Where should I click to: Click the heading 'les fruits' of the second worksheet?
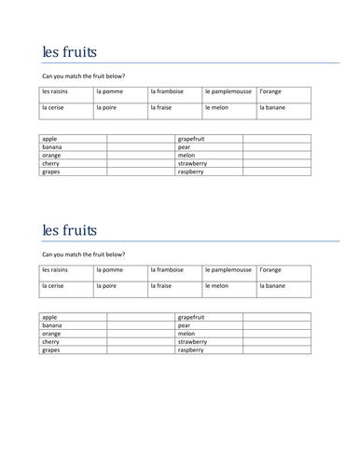(x=69, y=229)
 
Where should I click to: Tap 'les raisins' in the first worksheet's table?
(x=57, y=91)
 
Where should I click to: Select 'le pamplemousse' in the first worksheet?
(x=227, y=91)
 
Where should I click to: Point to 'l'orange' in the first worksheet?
(x=271, y=91)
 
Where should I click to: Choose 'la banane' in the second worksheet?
(x=273, y=285)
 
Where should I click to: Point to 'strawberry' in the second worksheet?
(x=192, y=342)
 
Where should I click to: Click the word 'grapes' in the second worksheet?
(x=51, y=350)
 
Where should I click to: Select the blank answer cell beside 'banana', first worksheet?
(x=140, y=146)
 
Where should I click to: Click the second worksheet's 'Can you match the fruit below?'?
(x=84, y=254)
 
